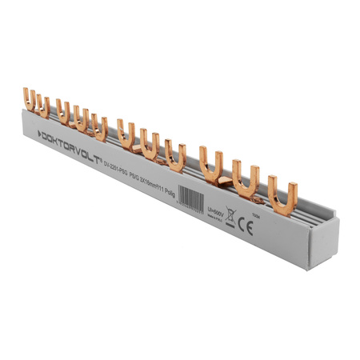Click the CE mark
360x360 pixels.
(246, 226)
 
